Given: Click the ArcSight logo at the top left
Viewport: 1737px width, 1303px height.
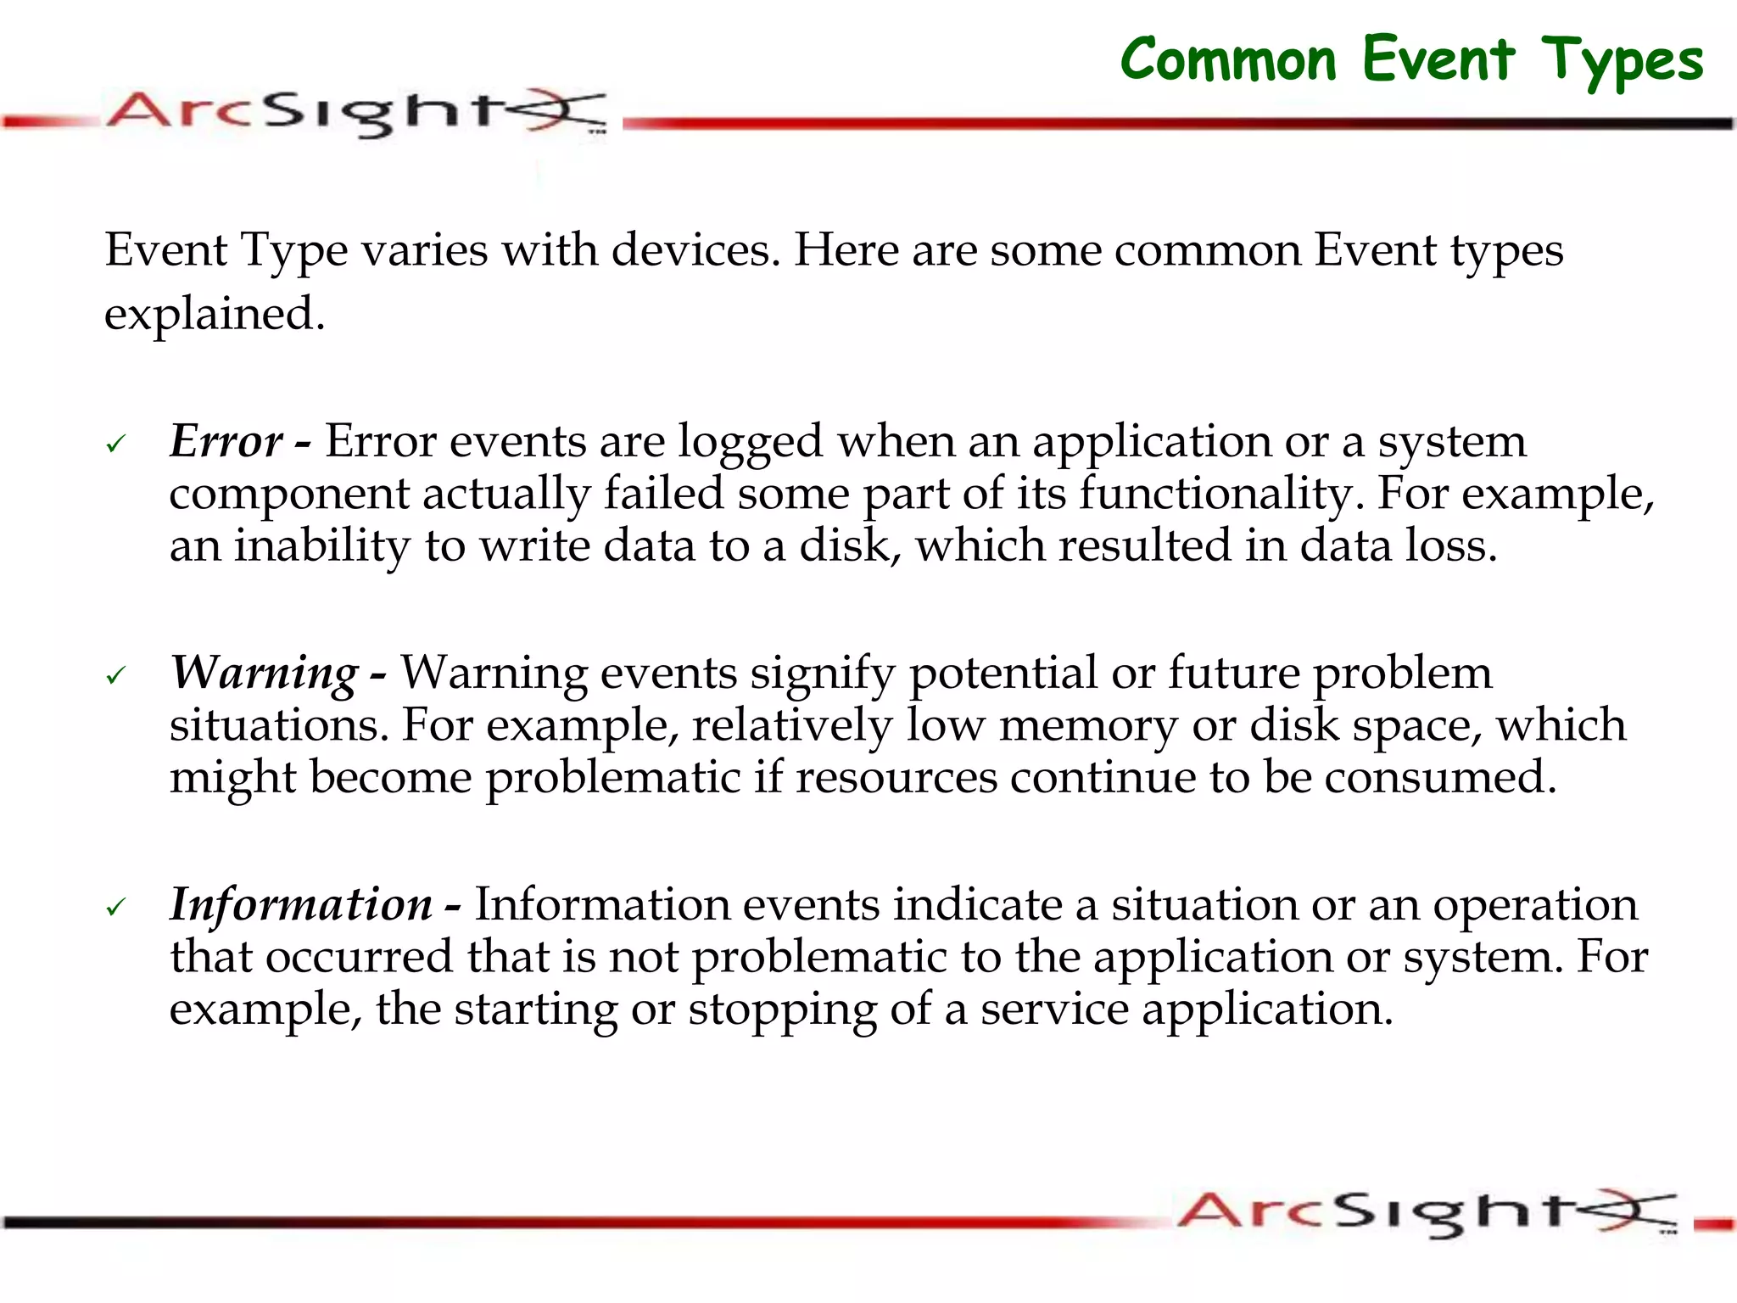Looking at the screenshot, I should coord(356,113).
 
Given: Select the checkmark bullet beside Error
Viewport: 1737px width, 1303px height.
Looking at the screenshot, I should coord(116,444).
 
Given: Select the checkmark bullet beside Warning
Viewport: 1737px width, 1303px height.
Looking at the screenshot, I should coord(116,675).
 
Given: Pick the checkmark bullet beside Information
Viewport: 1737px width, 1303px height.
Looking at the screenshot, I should coord(116,907).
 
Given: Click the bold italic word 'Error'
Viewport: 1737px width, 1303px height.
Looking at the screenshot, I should coord(226,441).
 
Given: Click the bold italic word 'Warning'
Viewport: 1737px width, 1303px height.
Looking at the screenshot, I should coord(265,673).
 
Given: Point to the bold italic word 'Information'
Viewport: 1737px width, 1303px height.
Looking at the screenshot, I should coord(301,904).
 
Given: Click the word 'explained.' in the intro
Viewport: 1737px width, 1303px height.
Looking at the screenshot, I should coord(215,315).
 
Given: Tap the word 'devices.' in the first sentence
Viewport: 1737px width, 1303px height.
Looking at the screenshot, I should coord(695,250).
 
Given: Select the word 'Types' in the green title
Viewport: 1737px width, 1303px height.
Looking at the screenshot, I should coord(1622,61).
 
